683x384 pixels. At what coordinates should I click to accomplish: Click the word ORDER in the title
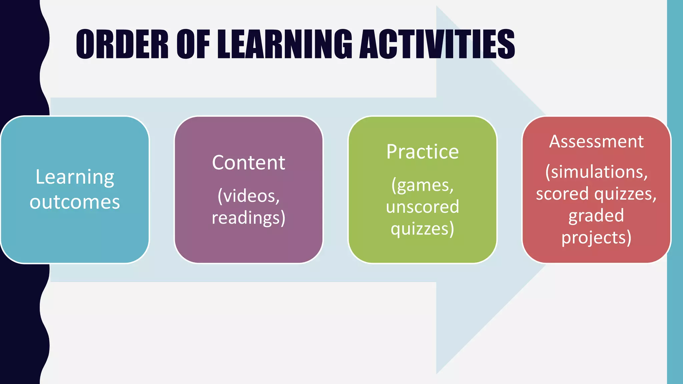click(x=122, y=44)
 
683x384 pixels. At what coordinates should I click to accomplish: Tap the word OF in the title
click(x=193, y=44)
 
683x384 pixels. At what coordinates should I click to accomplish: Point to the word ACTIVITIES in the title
click(x=437, y=44)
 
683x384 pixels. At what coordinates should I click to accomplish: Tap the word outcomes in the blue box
click(x=75, y=202)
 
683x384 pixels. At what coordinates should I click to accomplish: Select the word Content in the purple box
click(x=248, y=163)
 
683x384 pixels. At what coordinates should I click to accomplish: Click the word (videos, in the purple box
click(x=248, y=196)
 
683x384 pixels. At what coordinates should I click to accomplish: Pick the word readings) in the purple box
click(x=248, y=218)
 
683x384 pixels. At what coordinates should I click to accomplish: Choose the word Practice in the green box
click(x=423, y=152)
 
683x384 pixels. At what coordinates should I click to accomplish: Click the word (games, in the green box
click(x=423, y=185)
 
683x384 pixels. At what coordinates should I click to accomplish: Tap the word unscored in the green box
click(x=423, y=207)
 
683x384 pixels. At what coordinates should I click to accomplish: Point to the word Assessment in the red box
click(x=596, y=141)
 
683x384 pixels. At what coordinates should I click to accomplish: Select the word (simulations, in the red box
click(x=596, y=172)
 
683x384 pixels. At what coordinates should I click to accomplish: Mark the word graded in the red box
click(x=596, y=216)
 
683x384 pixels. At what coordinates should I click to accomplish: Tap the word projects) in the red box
click(x=596, y=238)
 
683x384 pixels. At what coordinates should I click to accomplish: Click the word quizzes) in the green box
click(x=423, y=229)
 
